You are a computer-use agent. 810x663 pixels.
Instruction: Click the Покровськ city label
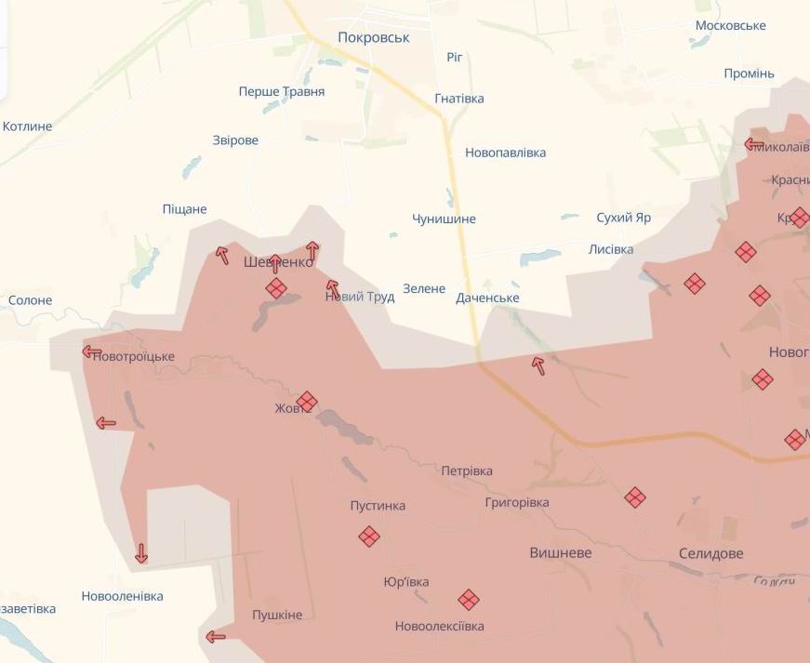373,38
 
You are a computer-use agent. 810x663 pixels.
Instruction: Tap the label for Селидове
710,553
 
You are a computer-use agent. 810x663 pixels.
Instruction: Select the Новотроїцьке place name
134,357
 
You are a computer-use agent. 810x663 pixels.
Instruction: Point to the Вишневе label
560,553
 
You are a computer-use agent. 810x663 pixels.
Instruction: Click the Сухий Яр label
623,218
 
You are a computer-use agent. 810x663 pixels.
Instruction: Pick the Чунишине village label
444,219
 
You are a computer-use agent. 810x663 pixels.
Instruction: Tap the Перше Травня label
281,92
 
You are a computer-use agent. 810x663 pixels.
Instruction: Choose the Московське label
730,26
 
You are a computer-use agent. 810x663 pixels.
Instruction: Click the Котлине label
27,126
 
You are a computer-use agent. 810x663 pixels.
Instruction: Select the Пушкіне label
277,616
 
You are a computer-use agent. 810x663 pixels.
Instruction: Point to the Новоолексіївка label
439,627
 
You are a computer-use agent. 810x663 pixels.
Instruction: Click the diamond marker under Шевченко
276,288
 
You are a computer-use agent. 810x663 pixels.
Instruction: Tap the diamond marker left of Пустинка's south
369,537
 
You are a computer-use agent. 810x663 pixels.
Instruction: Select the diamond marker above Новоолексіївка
468,600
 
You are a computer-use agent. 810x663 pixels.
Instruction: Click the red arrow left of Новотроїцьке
91,351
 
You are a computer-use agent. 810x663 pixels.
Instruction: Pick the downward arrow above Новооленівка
141,553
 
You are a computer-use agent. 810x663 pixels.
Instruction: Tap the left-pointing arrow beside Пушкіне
215,637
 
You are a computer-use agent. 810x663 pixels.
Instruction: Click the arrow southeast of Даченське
538,365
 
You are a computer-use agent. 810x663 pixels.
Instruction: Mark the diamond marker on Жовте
307,402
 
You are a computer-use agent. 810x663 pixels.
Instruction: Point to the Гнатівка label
459,99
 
